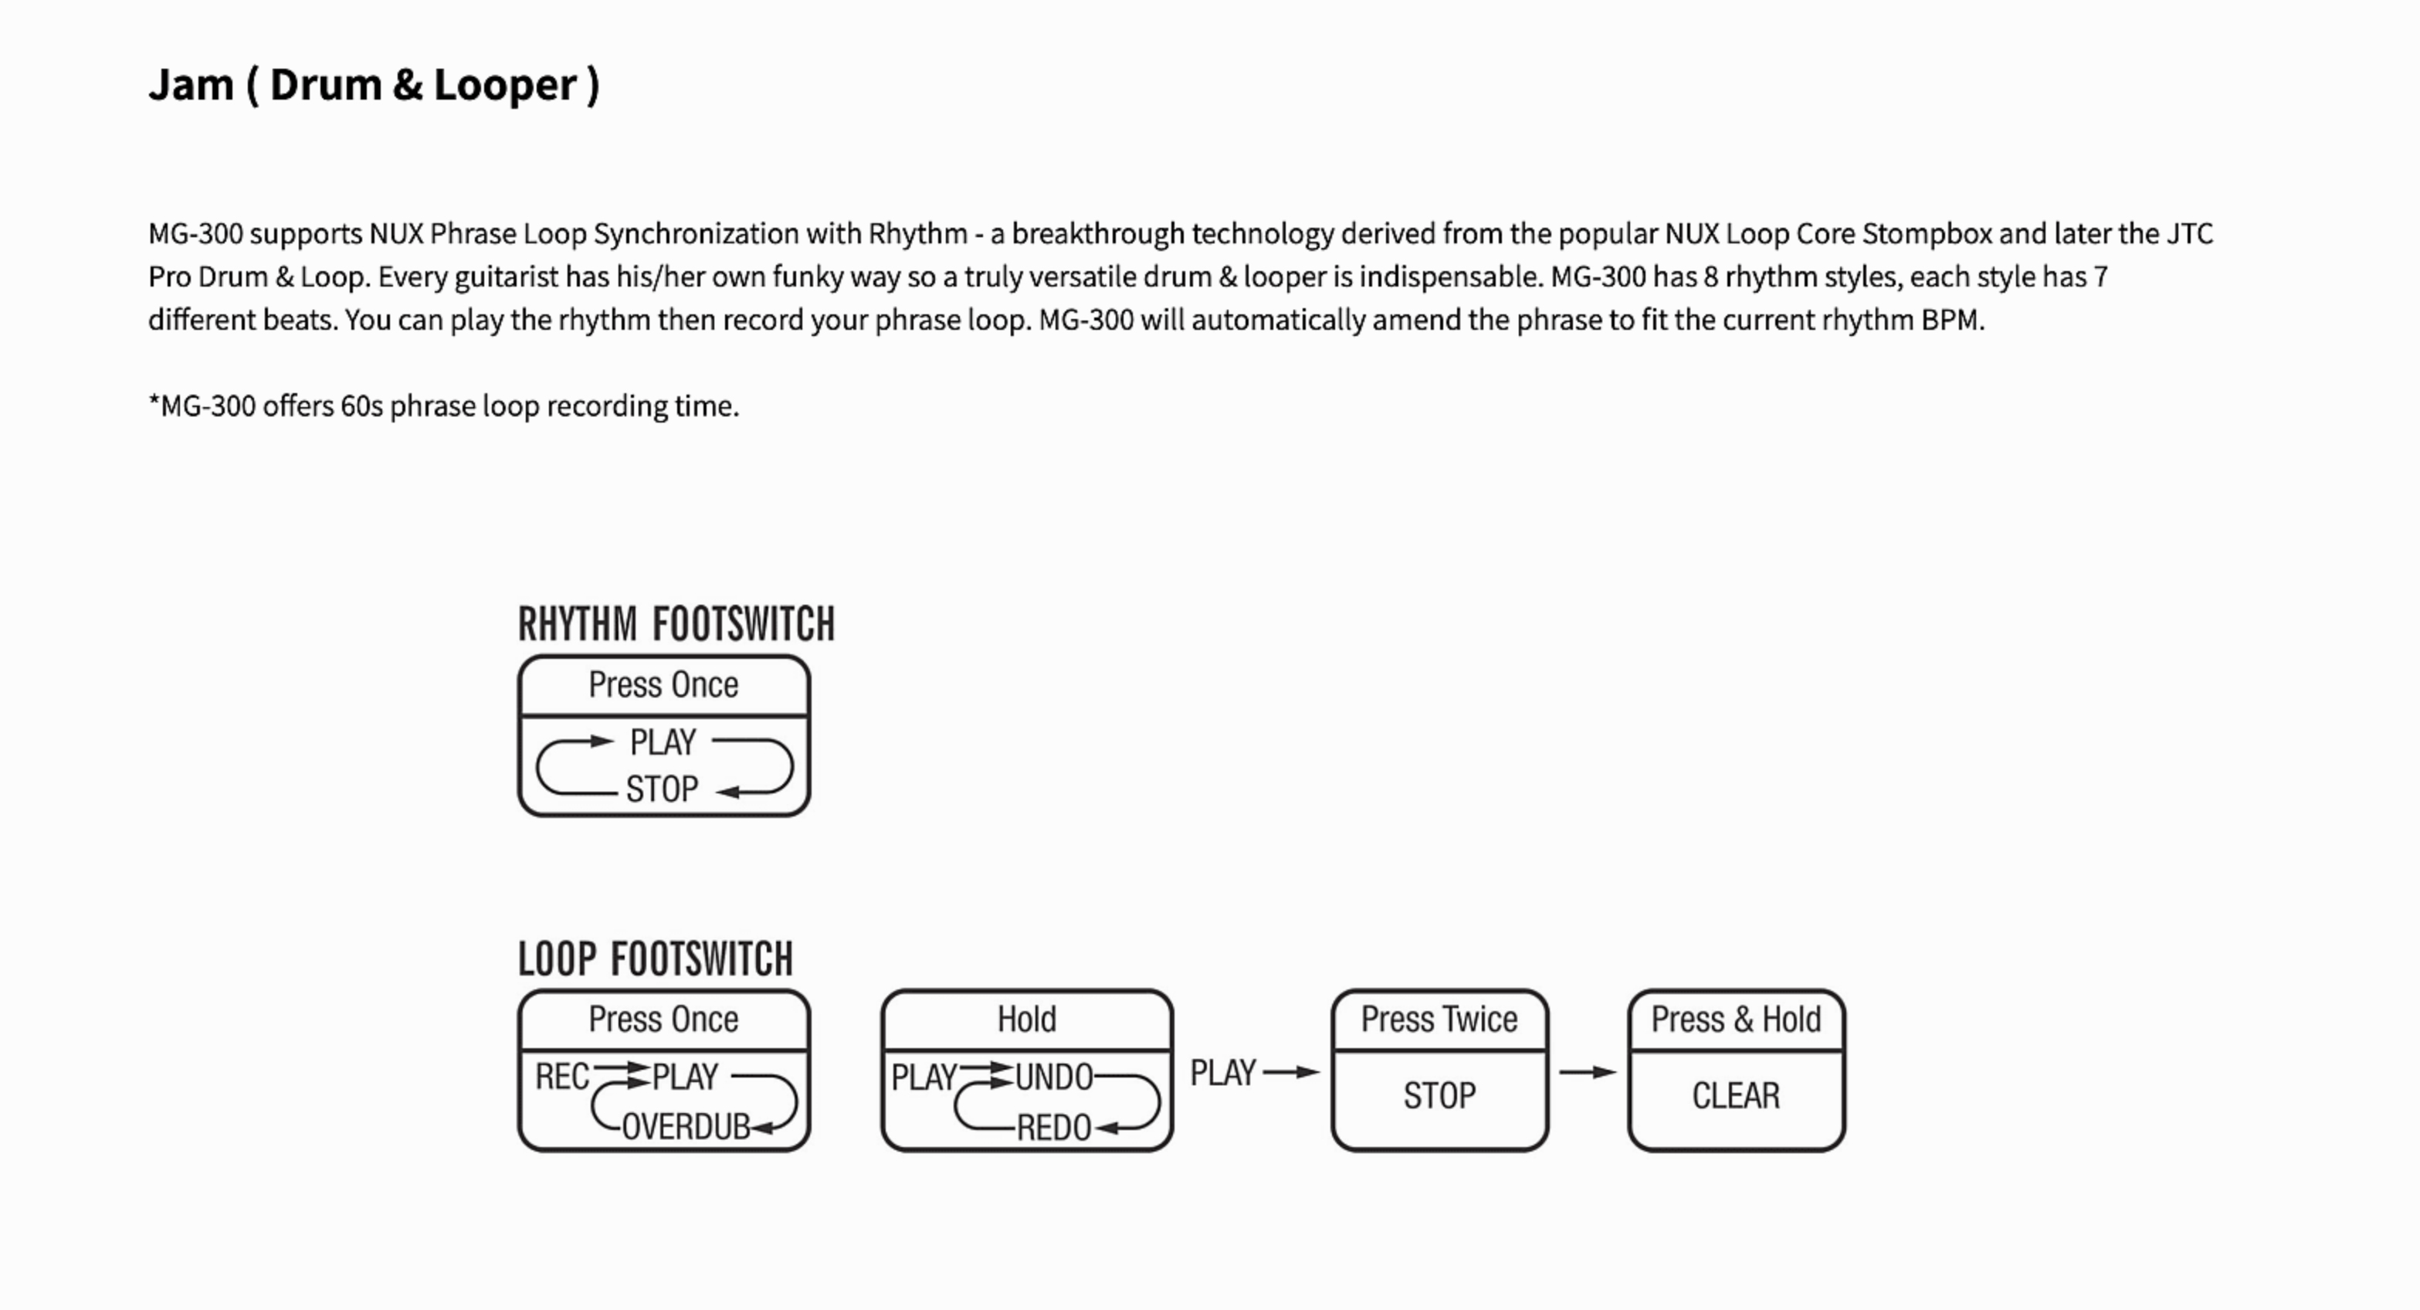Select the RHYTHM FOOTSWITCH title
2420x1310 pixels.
pyautogui.click(x=676, y=624)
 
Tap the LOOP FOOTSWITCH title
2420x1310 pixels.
pyautogui.click(x=656, y=959)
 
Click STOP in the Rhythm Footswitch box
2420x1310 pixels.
pyautogui.click(x=663, y=789)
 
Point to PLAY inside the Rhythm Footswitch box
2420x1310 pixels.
pyautogui.click(x=663, y=742)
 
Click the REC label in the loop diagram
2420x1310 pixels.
pyautogui.click(x=562, y=1077)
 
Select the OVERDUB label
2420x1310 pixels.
pyautogui.click(x=686, y=1127)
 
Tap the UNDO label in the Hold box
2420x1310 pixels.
pyautogui.click(x=1054, y=1077)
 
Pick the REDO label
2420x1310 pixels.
pyautogui.click(x=1054, y=1128)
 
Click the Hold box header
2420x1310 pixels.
pyautogui.click(x=1027, y=1020)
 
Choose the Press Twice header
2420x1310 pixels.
pyautogui.click(x=1439, y=1020)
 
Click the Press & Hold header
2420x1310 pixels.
pyautogui.click(x=1736, y=1020)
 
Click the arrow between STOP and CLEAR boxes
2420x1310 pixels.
pyautogui.click(x=1588, y=1072)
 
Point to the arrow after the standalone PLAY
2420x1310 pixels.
pyautogui.click(x=1292, y=1072)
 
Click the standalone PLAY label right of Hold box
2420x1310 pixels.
pyautogui.click(x=1223, y=1073)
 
